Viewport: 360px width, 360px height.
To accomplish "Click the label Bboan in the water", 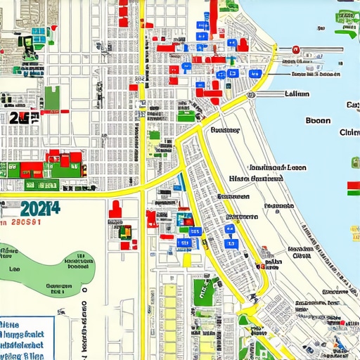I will click(x=318, y=120).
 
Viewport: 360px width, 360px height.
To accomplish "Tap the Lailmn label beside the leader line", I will click(x=297, y=94).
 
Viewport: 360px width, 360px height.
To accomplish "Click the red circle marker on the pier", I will click(x=297, y=50).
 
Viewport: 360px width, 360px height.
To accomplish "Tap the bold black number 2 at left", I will click(x=14, y=117).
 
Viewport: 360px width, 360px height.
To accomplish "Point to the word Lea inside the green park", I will click(x=14, y=269).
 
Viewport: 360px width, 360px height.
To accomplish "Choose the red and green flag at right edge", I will click(x=353, y=188).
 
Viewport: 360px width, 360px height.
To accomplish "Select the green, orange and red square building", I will click(x=126, y=230).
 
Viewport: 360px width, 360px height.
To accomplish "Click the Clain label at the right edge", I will click(x=349, y=133).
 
